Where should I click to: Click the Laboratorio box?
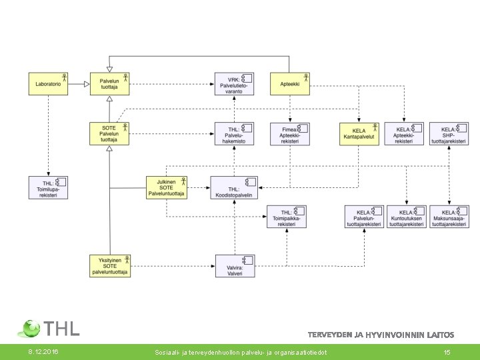(49, 84)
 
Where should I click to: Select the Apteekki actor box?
(290, 84)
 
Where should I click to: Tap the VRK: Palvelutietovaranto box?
(234, 84)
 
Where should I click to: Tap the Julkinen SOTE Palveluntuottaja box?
(167, 187)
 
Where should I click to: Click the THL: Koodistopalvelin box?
(234, 187)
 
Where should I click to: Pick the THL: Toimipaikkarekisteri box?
(287, 217)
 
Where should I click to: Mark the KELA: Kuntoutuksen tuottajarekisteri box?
(407, 217)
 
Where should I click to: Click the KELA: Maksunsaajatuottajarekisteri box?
(449, 217)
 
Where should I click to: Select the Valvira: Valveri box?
(235, 266)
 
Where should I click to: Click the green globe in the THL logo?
(31, 328)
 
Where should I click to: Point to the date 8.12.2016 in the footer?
(42, 351)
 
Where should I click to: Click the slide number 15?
(447, 351)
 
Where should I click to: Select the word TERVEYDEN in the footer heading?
(330, 335)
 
